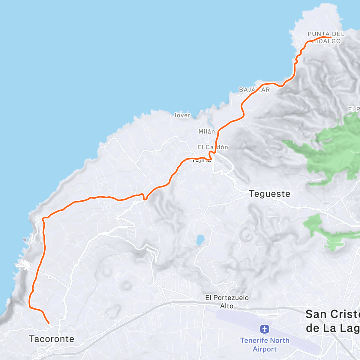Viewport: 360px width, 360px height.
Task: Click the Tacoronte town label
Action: point(52,339)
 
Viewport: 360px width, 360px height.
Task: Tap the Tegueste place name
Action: point(269,194)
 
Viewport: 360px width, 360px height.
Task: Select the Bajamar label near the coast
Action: point(254,90)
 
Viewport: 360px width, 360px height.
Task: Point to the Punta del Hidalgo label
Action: point(326,37)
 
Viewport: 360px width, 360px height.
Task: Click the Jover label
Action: point(182,115)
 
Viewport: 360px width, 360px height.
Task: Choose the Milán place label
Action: point(207,131)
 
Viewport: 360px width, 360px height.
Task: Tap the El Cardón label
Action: point(212,147)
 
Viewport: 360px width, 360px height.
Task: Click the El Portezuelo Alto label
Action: point(227,301)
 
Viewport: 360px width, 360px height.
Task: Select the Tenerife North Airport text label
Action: point(265,345)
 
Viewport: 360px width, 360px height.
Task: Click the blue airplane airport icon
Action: point(265,329)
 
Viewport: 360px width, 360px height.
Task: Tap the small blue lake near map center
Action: point(200,240)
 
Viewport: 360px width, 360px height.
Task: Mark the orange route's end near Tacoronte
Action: point(49,323)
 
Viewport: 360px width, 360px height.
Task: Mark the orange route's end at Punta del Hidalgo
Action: point(331,37)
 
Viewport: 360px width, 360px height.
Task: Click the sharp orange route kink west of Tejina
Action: point(143,197)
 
